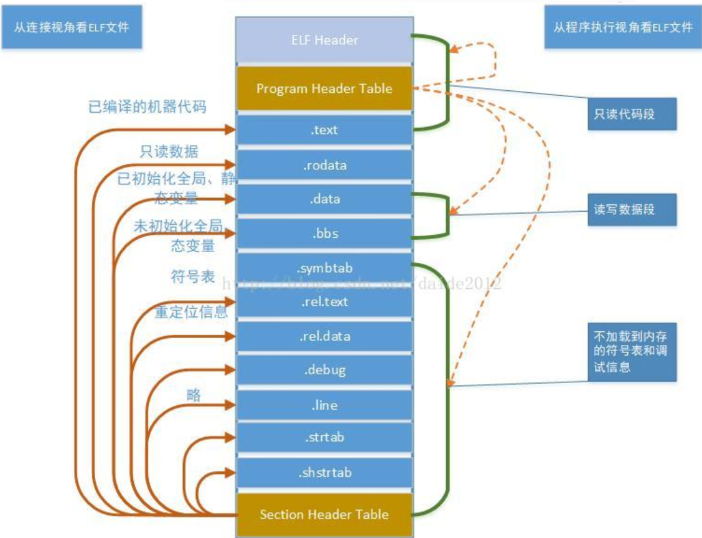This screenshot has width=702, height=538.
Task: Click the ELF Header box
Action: coord(325,40)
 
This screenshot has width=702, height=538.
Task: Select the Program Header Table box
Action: coord(325,88)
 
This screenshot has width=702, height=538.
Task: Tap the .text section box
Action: coord(325,131)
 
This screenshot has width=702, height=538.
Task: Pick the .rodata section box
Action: coord(325,166)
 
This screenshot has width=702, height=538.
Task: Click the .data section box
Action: coord(325,200)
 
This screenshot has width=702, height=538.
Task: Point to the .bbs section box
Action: coord(325,235)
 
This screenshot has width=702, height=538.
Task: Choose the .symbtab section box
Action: coord(325,268)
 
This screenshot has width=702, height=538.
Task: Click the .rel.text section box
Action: coord(325,303)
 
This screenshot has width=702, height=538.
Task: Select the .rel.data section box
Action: coord(325,336)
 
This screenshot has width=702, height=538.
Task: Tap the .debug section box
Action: coord(325,370)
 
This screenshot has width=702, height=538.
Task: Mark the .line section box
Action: coord(325,405)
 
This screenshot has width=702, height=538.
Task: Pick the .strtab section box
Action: coord(325,438)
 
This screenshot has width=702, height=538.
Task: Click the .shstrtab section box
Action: coord(325,473)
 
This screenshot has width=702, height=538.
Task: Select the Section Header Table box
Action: coord(325,514)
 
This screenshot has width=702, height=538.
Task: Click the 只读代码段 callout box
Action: coord(632,115)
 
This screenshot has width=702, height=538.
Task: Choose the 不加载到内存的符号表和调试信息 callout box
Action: coord(632,352)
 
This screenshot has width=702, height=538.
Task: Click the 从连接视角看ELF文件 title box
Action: coord(71,27)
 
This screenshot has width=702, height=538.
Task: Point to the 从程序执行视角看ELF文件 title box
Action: coord(623,27)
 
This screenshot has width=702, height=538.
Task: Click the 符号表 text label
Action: coord(193,276)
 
